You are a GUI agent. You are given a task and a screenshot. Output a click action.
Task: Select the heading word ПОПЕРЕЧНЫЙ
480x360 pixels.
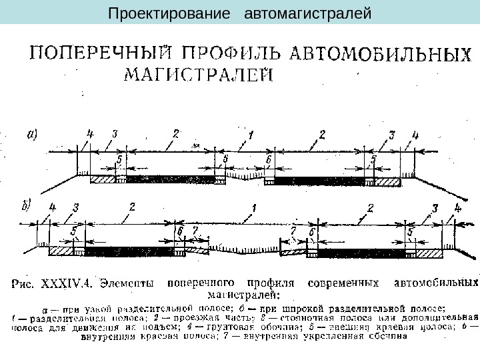click(97, 54)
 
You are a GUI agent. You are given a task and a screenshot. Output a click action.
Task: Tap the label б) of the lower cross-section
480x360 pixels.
click(27, 206)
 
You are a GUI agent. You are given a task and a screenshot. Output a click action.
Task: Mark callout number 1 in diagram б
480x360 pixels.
click(254, 207)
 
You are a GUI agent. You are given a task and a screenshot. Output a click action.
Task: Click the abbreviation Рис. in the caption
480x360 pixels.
click(25, 283)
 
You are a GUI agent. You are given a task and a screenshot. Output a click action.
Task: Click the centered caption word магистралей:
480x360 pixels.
click(245, 293)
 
